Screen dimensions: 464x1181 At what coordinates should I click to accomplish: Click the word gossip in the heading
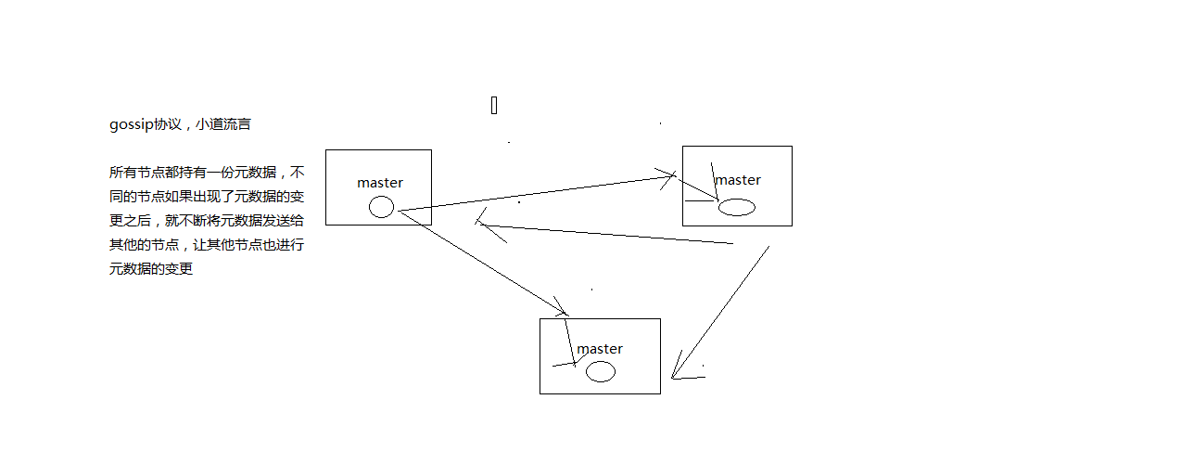pyautogui.click(x=132, y=124)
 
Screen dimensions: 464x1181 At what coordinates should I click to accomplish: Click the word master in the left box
pyautogui.click(x=380, y=183)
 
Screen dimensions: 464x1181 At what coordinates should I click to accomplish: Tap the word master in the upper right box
pyautogui.click(x=738, y=180)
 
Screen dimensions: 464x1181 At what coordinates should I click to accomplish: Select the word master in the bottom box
pyautogui.click(x=600, y=349)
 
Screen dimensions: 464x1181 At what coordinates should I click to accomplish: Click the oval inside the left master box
pyautogui.click(x=381, y=207)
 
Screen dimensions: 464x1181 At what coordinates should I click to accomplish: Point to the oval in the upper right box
pyautogui.click(x=737, y=207)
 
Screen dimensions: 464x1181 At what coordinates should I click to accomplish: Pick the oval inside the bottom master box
pyautogui.click(x=601, y=372)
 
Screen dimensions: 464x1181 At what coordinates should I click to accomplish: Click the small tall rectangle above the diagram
pyautogui.click(x=494, y=105)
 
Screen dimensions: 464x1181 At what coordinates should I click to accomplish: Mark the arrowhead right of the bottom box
pyautogui.click(x=679, y=369)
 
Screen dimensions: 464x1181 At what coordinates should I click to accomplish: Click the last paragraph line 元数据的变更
pyautogui.click(x=150, y=269)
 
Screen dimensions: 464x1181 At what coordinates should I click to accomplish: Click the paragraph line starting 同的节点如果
pyautogui.click(x=206, y=197)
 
